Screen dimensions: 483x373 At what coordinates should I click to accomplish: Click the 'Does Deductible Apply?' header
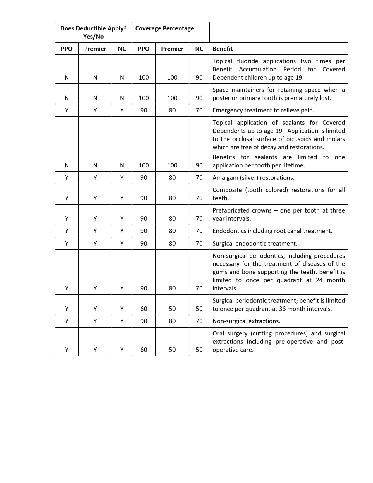93,28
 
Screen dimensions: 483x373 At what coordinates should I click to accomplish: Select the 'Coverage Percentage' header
164,28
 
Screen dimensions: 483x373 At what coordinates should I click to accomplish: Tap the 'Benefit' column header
223,49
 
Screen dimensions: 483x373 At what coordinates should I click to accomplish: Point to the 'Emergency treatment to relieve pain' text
263,110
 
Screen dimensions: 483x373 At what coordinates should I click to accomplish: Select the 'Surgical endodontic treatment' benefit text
255,244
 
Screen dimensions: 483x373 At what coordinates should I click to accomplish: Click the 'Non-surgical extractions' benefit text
246,321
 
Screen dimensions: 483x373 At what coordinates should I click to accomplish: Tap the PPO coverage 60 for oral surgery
144,350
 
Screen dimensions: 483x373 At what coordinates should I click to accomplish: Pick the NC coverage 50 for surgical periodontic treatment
199,309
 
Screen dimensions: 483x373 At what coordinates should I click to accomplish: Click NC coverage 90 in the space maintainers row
199,98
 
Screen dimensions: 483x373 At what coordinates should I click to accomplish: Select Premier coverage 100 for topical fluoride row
172,78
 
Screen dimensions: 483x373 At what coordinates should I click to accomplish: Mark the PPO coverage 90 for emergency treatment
144,110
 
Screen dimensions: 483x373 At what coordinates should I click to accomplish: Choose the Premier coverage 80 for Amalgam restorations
172,178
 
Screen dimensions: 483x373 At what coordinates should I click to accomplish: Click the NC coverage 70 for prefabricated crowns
199,219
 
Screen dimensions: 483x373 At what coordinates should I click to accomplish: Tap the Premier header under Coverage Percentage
172,49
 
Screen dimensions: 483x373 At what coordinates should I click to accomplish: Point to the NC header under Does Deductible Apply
122,49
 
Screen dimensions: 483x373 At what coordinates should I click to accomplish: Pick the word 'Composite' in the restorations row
227,190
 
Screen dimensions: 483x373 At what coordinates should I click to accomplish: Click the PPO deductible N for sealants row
67,165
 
